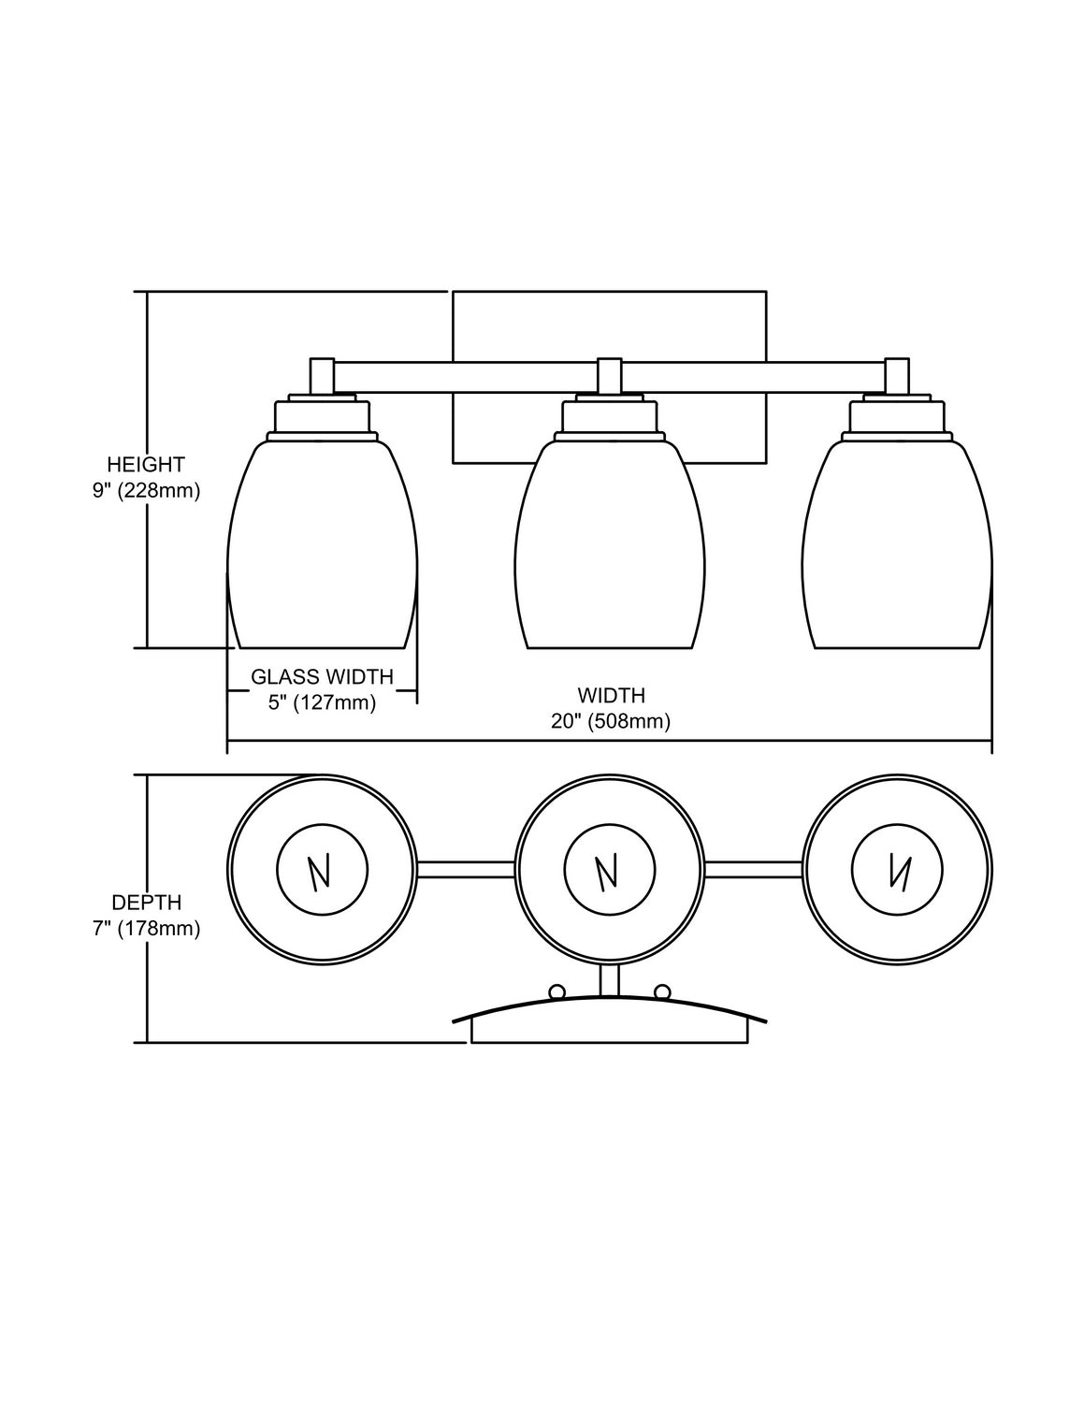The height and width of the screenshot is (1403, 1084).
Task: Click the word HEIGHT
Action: coord(146,464)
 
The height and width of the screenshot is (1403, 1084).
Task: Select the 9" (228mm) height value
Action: coord(146,490)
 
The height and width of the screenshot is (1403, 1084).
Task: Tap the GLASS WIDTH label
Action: coord(322,676)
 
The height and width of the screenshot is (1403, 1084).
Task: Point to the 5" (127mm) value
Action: coord(322,702)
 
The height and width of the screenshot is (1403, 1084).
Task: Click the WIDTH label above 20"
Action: coord(611,695)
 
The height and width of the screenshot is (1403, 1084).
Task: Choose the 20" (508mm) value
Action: coord(611,721)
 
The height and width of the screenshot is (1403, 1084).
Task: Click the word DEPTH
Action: coord(146,903)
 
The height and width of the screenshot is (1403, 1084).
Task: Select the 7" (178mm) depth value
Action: coord(146,929)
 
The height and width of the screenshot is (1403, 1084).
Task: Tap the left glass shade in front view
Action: coord(322,552)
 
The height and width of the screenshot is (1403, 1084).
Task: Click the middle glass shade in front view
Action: coord(610,552)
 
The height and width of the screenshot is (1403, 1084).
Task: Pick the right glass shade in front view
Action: coord(897,552)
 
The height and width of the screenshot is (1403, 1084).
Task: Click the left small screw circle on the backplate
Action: coord(556,991)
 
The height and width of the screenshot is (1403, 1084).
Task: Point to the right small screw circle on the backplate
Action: coord(662,991)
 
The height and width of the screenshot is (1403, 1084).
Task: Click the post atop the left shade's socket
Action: coord(323,376)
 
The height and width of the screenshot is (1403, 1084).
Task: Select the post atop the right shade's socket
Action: coord(898,376)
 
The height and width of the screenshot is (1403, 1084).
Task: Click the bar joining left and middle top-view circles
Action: coord(466,869)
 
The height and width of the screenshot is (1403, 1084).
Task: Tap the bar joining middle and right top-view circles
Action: coord(753,869)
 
